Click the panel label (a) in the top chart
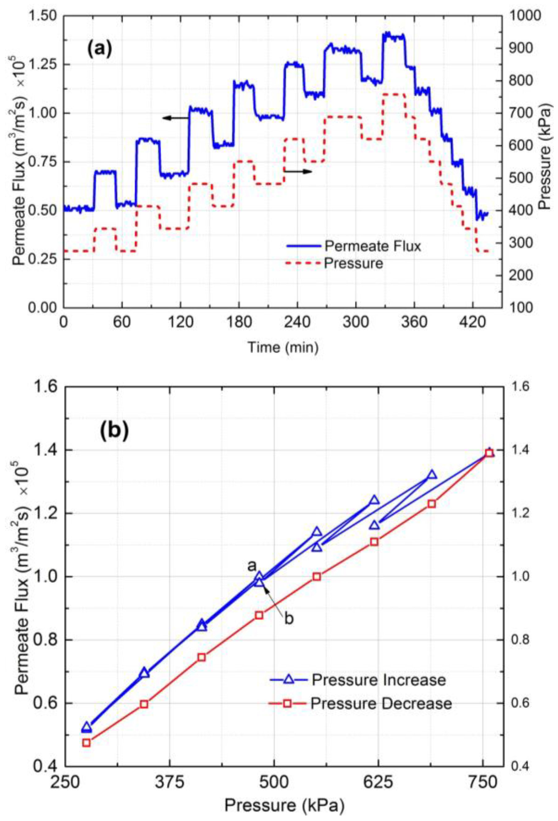pos(100,49)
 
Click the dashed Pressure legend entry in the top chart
pos(353,263)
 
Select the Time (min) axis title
pos(282,348)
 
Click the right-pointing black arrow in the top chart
pos(298,171)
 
